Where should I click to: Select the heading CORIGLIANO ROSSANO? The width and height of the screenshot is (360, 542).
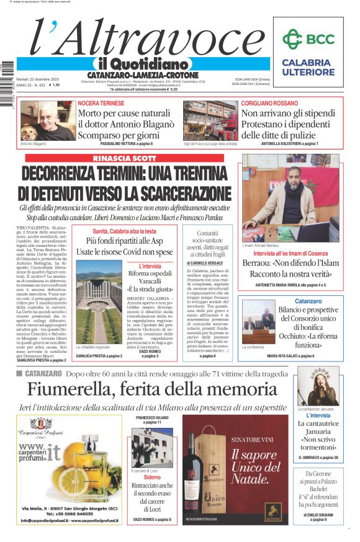[x=269, y=102]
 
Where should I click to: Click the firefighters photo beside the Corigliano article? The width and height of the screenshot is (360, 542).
[x=210, y=120]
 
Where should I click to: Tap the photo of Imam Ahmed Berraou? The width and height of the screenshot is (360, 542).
[x=290, y=198]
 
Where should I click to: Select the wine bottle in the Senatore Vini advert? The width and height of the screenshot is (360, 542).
[x=197, y=471]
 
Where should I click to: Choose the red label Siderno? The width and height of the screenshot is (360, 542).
[x=151, y=478]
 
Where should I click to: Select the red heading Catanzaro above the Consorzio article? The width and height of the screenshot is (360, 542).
[x=290, y=301]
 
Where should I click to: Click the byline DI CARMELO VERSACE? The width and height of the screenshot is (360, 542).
[x=207, y=263]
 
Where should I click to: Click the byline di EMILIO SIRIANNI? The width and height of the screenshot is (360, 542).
[x=317, y=515]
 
